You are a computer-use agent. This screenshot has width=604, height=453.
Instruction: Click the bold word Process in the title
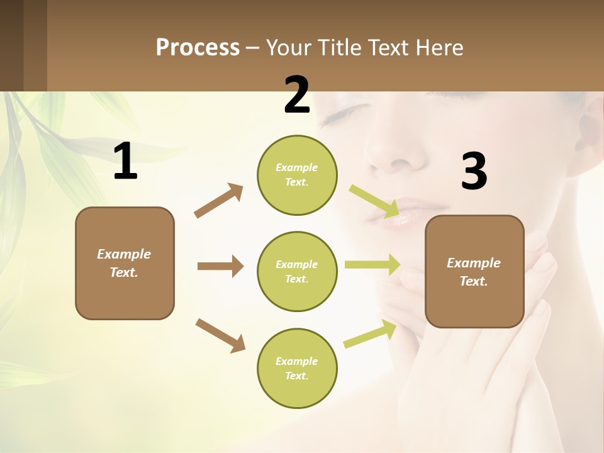[198, 47]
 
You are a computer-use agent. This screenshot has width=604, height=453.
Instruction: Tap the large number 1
[125, 162]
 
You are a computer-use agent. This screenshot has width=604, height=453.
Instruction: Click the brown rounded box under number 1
[125, 263]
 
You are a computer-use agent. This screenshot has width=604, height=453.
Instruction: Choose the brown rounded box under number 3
[474, 271]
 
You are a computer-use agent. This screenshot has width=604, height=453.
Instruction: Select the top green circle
[297, 175]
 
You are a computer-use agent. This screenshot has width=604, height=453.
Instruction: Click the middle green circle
[297, 271]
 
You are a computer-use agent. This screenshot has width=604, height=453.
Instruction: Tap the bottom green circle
[297, 368]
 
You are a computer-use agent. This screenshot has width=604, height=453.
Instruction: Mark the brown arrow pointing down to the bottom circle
[220, 335]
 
